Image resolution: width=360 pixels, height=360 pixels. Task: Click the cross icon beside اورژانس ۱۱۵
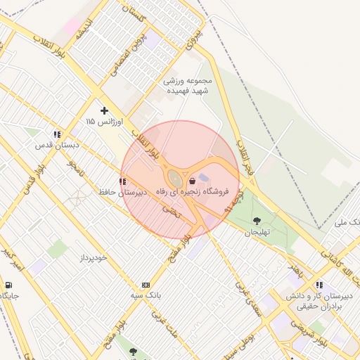[104, 110]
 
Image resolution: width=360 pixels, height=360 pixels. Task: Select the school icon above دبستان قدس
[57, 134]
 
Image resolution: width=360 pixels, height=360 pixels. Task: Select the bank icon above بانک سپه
[146, 285]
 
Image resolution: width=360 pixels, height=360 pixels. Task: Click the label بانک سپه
[146, 295]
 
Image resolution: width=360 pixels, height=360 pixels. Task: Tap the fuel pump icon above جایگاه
[8, 285]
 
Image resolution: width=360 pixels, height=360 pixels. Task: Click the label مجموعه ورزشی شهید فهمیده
[188, 86]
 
